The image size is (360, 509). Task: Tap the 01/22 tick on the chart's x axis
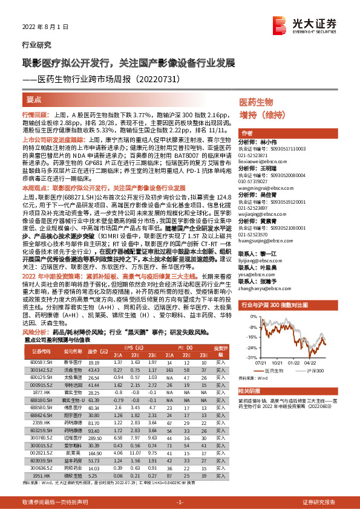click(x=293, y=363)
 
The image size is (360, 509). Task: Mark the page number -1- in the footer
click(x=180, y=502)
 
